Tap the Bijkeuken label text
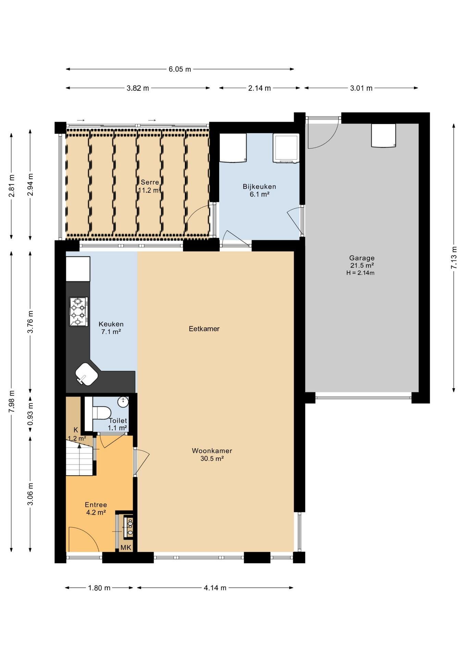(x=259, y=186)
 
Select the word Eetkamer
(x=204, y=329)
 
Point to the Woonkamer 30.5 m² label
(x=212, y=455)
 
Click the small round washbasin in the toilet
(x=123, y=402)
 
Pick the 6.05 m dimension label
(x=180, y=69)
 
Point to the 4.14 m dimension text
(x=215, y=588)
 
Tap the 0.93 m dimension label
(x=30, y=414)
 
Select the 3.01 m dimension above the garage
(x=361, y=88)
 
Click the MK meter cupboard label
(x=126, y=547)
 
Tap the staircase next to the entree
(x=79, y=458)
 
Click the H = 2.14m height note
(x=360, y=273)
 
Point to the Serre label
(x=150, y=182)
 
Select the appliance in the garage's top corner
(x=384, y=136)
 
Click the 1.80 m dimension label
(x=99, y=588)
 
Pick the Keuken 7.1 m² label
(x=111, y=328)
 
